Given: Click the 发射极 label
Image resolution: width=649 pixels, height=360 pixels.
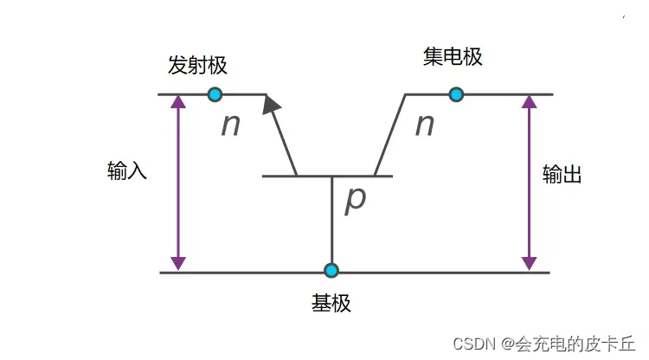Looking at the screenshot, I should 196,66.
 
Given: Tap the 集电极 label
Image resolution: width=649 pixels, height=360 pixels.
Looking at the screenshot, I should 453,58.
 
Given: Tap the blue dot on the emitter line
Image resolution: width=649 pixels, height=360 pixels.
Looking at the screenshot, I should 215,94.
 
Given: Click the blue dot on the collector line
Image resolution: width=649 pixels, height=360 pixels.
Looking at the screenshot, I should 455,94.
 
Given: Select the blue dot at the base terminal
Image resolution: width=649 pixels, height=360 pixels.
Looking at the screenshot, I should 331,271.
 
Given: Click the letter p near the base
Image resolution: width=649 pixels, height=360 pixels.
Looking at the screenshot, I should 355,199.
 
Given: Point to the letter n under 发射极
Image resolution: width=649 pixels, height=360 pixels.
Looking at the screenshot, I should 229,126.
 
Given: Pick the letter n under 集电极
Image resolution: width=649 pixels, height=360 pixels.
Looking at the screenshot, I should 424,126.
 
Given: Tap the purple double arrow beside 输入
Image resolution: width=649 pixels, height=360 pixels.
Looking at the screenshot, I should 178,182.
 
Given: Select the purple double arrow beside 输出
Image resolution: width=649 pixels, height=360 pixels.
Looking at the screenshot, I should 529,182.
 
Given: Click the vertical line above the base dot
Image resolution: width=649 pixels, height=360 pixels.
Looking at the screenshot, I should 331,221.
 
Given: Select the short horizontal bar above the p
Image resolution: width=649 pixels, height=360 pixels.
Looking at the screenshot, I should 327,177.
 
